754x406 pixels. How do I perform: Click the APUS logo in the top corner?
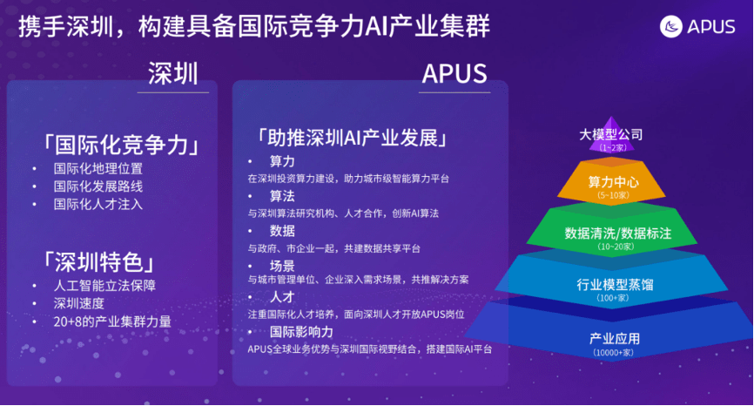pyautogui.click(x=699, y=26)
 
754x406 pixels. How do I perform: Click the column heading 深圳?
pyautogui.click(x=173, y=72)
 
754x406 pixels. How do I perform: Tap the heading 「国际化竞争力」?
pyautogui.click(x=121, y=144)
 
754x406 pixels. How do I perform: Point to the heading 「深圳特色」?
pyautogui.click(x=101, y=261)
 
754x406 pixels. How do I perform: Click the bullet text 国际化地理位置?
pyautogui.click(x=98, y=168)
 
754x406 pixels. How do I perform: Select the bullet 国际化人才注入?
pyautogui.click(x=98, y=204)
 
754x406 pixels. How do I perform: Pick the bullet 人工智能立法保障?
pyautogui.click(x=104, y=285)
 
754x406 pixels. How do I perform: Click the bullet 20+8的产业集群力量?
pyautogui.click(x=112, y=321)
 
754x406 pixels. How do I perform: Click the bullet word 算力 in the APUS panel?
pyautogui.click(x=282, y=162)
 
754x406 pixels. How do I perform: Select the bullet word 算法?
pyautogui.click(x=282, y=196)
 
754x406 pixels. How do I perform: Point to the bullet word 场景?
pyautogui.click(x=282, y=265)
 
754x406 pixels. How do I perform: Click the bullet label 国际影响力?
pyautogui.click(x=301, y=332)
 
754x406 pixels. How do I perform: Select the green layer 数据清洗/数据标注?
pyautogui.click(x=611, y=233)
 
